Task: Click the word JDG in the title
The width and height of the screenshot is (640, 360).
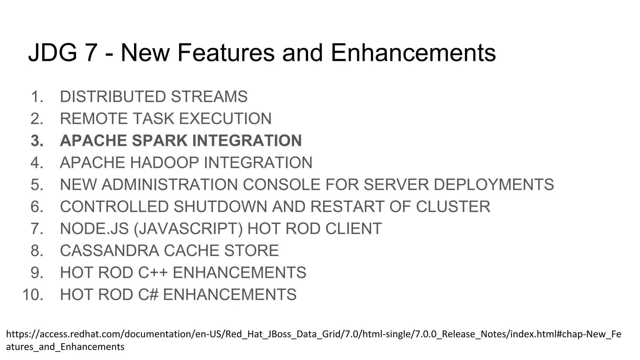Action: pos(52,52)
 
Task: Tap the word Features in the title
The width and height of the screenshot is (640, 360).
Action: pos(226,52)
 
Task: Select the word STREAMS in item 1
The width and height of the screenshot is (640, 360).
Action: pos(209,97)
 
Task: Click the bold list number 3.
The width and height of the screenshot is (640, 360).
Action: pos(37,141)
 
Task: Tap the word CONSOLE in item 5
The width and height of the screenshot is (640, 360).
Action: pos(282,185)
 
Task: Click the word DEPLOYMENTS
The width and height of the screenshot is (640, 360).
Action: pos(494,185)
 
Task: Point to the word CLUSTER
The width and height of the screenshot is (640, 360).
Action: pos(453,207)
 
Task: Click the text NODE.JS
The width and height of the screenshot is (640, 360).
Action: pos(94,229)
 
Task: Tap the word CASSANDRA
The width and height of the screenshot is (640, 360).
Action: pos(109,251)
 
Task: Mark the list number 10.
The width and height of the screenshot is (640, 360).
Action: pos(33,295)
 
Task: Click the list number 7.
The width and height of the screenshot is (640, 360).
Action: pos(37,229)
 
